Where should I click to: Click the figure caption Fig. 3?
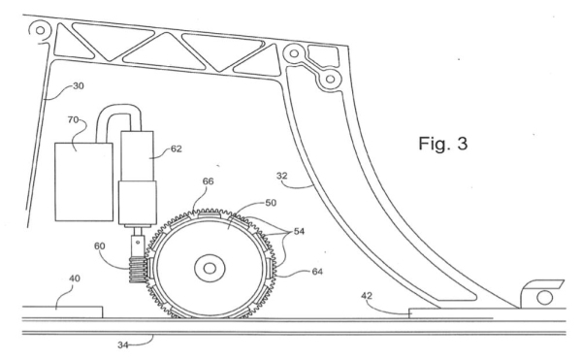click(x=443, y=144)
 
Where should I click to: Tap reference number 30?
click(x=79, y=86)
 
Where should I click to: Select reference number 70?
click(x=73, y=119)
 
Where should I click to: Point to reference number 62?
click(x=177, y=148)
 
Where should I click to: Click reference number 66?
click(x=209, y=181)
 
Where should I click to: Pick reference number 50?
click(x=271, y=203)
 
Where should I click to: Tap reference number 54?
click(x=299, y=231)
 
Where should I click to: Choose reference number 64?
click(x=317, y=272)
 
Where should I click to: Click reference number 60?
click(x=100, y=246)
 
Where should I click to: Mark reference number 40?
click(x=75, y=278)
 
